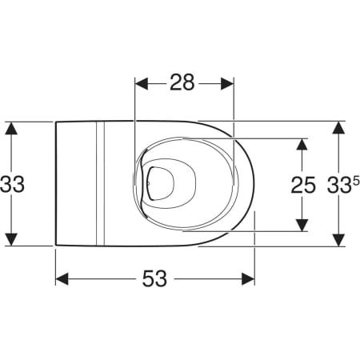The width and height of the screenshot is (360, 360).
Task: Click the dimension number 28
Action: click(x=182, y=82)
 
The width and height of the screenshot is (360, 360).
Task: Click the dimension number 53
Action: click(x=154, y=278)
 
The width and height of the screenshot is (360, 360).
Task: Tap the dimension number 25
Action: click(x=303, y=185)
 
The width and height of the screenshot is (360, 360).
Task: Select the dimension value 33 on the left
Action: click(x=12, y=184)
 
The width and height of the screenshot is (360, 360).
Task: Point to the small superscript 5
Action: click(x=356, y=182)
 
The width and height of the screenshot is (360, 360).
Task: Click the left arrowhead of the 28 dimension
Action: click(x=142, y=84)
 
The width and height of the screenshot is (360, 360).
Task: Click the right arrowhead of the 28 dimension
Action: click(x=227, y=84)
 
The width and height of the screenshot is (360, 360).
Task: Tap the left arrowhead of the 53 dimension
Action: click(x=62, y=279)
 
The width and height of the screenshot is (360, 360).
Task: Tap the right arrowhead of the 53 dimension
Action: click(x=248, y=279)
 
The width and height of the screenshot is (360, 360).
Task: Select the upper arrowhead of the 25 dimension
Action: click(x=302, y=145)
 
